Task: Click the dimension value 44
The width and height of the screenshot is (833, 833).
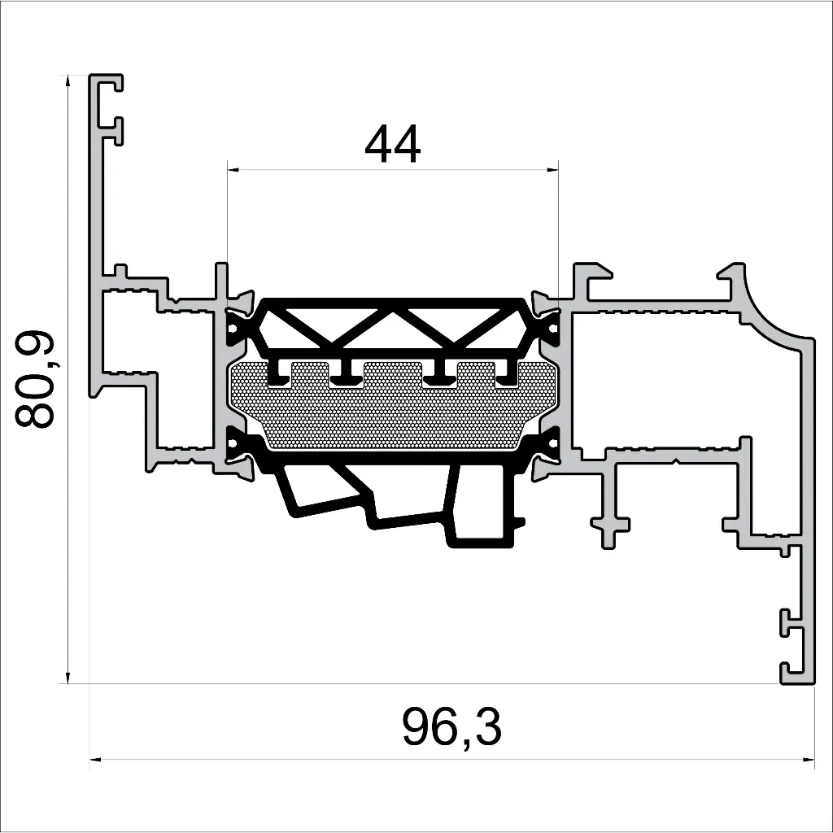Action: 393,146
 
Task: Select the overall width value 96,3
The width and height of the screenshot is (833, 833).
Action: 451,727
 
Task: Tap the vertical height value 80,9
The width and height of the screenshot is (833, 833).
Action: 35,379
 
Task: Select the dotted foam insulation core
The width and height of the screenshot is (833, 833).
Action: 390,411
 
